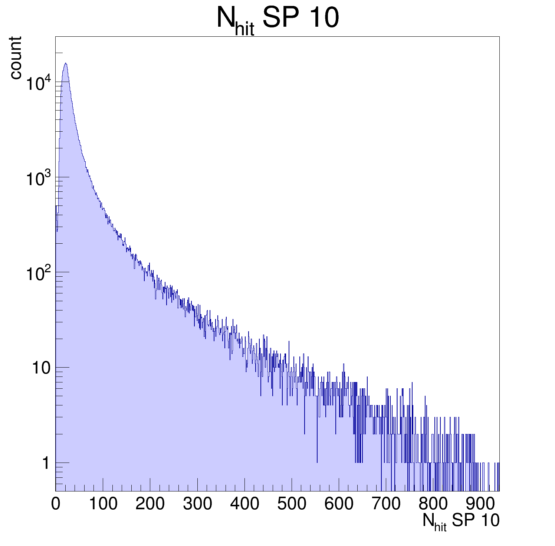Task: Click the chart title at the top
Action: [x=277, y=19]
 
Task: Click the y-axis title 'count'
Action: [x=15, y=57]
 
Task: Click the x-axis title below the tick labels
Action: [x=461, y=521]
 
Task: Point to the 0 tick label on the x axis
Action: [x=56, y=504]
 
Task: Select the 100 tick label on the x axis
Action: [x=103, y=504]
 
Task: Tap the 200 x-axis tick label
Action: [x=150, y=504]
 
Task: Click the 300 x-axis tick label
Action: [x=197, y=504]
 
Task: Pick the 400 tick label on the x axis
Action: [x=244, y=504]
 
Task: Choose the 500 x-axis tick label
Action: [x=292, y=504]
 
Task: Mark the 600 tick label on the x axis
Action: [x=339, y=504]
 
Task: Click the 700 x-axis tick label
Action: [x=386, y=504]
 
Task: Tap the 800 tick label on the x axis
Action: [x=433, y=504]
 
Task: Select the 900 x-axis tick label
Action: [x=480, y=504]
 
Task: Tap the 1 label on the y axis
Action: [x=46, y=463]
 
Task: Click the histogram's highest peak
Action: [x=66, y=63]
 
